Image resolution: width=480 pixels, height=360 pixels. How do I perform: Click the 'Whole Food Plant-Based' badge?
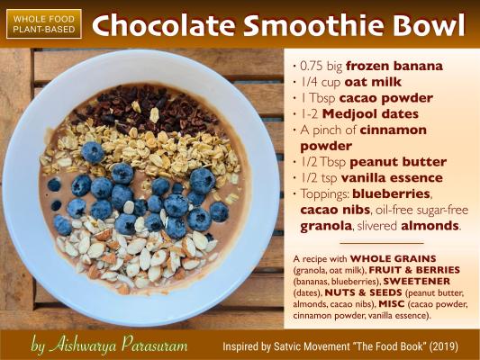[44, 24]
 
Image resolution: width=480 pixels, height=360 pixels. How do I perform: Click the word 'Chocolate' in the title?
[164, 24]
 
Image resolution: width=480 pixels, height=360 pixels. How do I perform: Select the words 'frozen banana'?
[394, 66]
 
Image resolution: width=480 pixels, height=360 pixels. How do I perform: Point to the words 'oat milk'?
[373, 82]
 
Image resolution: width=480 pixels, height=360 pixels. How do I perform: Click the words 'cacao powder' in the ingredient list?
[386, 98]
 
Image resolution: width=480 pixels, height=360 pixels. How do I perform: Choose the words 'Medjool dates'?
[370, 113]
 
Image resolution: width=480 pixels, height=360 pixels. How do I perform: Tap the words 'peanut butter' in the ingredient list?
[398, 162]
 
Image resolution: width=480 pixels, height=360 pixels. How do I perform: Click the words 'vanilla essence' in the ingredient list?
[392, 177]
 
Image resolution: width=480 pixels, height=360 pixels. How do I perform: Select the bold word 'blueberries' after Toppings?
[392, 193]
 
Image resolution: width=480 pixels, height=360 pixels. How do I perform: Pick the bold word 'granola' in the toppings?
[326, 226]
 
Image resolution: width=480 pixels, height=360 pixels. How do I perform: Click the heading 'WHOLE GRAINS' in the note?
[393, 259]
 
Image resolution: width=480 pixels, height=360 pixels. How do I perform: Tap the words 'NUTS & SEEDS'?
[363, 292]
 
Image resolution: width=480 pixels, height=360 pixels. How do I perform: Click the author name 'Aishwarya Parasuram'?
[118, 346]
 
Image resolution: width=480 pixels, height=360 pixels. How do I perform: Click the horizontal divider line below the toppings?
[382, 244]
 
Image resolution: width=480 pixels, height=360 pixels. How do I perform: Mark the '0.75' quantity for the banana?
[312, 66]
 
